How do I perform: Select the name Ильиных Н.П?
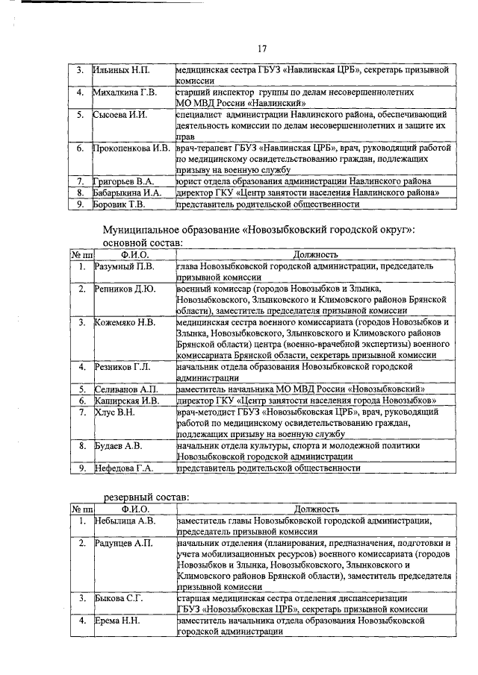tap(121, 70)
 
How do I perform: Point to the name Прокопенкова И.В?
tap(131, 148)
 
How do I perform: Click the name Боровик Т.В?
tap(118, 204)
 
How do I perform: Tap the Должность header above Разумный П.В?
tap(316, 255)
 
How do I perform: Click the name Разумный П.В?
tap(125, 266)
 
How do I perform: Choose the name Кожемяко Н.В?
tap(125, 322)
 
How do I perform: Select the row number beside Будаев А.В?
tap(81, 445)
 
